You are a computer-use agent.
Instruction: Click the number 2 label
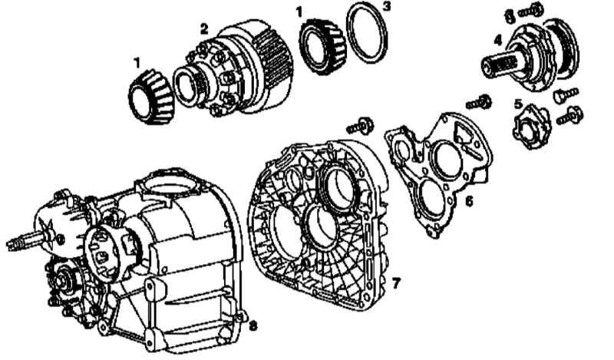(204, 28)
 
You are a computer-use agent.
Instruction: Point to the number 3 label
(387, 7)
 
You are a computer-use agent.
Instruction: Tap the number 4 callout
(497, 40)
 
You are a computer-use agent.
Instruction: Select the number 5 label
(519, 104)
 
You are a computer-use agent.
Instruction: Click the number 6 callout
(469, 201)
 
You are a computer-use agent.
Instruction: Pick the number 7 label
(396, 282)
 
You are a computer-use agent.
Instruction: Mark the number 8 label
(253, 325)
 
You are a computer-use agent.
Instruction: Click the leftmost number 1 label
(137, 63)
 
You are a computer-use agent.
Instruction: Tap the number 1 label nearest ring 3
(299, 12)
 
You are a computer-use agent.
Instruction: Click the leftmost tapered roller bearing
(151, 98)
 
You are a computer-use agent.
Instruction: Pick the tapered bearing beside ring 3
(323, 47)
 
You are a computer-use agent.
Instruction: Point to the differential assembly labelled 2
(234, 68)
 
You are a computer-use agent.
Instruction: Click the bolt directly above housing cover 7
(359, 126)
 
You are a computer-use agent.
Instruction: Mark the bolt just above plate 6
(478, 103)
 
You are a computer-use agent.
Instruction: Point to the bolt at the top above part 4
(530, 10)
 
